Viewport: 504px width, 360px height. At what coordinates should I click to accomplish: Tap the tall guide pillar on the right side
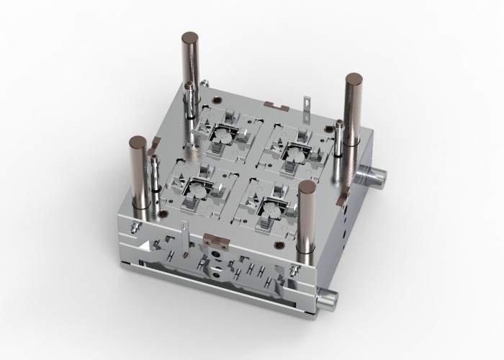click(354, 115)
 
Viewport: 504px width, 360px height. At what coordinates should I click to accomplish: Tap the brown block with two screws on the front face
click(215, 238)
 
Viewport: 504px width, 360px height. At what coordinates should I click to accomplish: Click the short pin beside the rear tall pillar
click(189, 101)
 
